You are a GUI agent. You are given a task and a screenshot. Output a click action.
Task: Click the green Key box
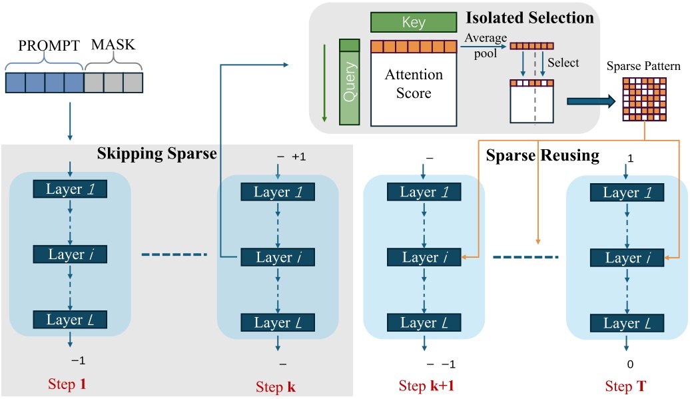(x=414, y=23)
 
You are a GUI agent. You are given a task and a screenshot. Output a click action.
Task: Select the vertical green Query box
(x=349, y=82)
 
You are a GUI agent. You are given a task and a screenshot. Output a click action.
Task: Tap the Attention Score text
(x=414, y=84)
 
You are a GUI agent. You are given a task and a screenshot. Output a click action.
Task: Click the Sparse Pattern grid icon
(x=645, y=97)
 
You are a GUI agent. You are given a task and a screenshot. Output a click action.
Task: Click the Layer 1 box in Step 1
(x=71, y=189)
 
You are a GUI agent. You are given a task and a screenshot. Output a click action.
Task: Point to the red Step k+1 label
(x=426, y=386)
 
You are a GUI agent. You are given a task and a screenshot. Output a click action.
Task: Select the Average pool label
(x=482, y=46)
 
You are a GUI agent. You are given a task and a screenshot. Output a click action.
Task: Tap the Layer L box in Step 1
(x=71, y=320)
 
